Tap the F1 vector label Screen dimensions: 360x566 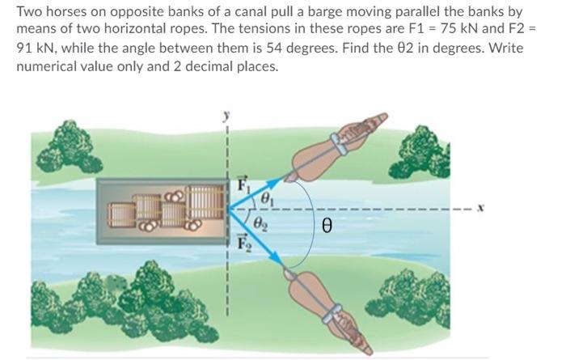pyautogui.click(x=240, y=184)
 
